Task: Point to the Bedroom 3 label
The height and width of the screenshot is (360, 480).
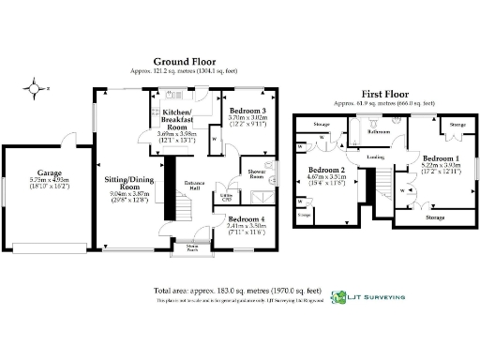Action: tap(247, 112)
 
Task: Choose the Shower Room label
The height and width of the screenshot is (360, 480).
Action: tap(256, 174)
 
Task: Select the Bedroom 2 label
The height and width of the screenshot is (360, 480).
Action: tap(327, 170)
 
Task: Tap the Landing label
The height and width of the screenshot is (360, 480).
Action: tap(376, 157)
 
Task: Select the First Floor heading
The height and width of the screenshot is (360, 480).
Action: tap(382, 95)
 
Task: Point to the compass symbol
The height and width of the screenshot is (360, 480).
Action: tap(36, 89)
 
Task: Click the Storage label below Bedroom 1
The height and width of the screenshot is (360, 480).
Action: tap(434, 217)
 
